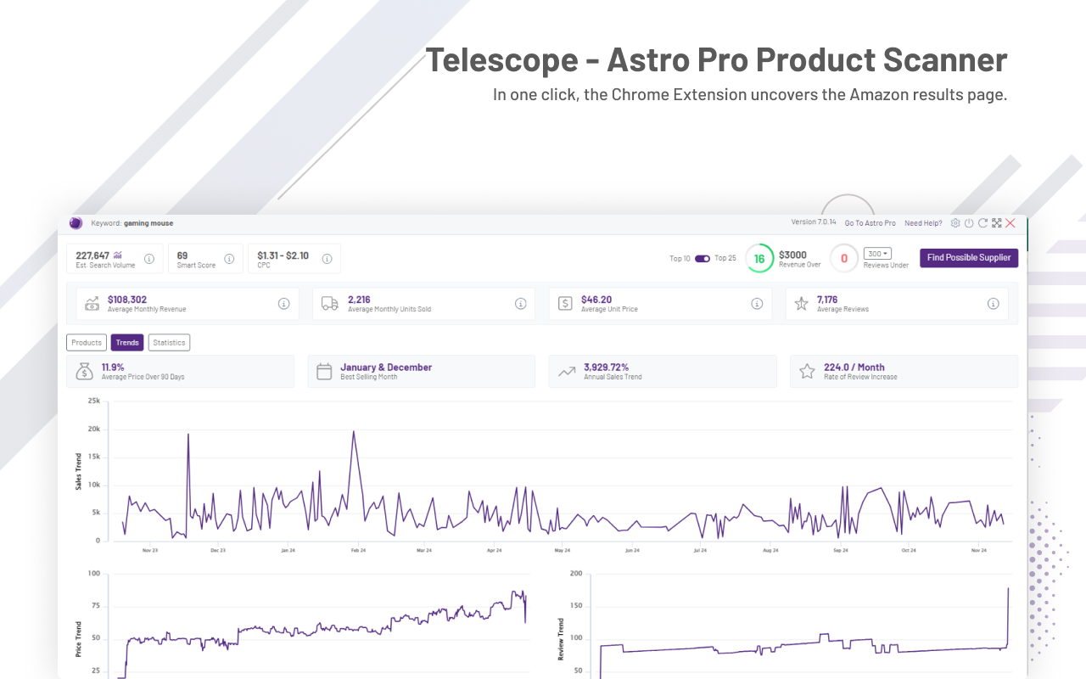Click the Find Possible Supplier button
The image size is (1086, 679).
(968, 258)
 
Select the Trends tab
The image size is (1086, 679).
(127, 343)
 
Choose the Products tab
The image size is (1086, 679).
(87, 343)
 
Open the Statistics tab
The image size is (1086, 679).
(169, 343)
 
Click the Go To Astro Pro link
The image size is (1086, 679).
(870, 223)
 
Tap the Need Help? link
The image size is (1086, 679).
(923, 223)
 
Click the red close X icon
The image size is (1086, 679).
(1010, 223)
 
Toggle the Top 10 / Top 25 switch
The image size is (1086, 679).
(703, 259)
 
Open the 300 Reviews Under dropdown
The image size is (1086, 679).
(877, 254)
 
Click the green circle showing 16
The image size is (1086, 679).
(759, 259)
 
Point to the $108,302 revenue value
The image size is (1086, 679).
(127, 300)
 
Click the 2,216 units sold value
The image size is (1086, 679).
(359, 300)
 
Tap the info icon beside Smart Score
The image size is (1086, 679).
(229, 259)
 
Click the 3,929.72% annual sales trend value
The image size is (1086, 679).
(606, 368)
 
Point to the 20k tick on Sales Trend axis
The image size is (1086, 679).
(93, 429)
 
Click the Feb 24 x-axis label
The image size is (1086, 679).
(357, 551)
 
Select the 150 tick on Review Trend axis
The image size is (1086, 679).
(577, 605)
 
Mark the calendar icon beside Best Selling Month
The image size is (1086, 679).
(323, 372)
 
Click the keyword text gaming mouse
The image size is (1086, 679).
(148, 223)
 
